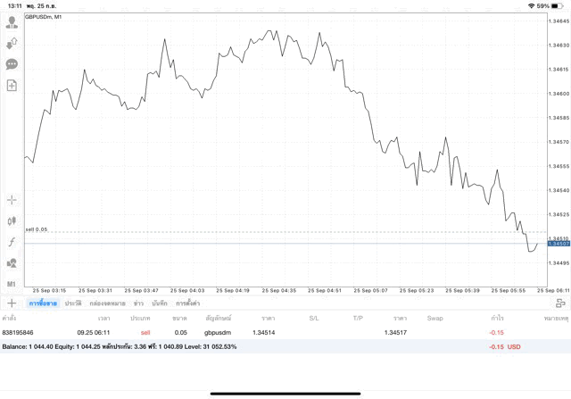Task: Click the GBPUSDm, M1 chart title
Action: (x=44, y=17)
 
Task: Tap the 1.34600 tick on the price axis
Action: (x=558, y=94)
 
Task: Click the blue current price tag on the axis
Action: (x=558, y=243)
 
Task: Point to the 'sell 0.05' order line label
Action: (x=36, y=230)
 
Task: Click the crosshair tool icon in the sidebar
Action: (x=12, y=200)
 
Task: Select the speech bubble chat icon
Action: (x=12, y=64)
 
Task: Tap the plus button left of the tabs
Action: (x=12, y=303)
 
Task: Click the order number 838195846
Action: (x=18, y=333)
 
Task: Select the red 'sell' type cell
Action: (x=145, y=333)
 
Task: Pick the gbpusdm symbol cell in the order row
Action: (x=218, y=333)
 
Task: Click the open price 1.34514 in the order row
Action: (x=264, y=333)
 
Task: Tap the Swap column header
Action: (x=434, y=318)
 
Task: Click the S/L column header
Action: (x=314, y=318)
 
